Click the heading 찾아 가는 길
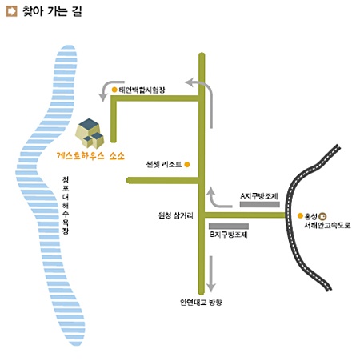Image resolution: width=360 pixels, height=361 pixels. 52,11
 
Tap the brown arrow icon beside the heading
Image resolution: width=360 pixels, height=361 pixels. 11,11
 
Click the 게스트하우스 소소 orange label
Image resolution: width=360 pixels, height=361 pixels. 90,156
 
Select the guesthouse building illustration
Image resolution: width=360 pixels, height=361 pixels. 90,133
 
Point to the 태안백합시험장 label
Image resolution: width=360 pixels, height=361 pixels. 142,90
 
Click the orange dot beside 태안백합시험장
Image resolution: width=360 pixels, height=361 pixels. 114,90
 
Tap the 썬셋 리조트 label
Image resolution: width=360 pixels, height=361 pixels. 164,164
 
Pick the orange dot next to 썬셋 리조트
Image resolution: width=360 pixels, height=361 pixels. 187,165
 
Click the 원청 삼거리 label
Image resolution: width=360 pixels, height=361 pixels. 176,215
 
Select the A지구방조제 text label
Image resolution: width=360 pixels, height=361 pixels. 259,196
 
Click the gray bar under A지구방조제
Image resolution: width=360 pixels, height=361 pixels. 260,205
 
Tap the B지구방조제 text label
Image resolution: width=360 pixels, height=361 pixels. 229,235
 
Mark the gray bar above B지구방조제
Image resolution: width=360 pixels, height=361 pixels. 229,227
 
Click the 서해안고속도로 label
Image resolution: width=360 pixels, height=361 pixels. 327,225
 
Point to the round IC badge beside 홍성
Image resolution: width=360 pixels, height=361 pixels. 323,215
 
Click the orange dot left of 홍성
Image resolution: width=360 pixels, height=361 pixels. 300,215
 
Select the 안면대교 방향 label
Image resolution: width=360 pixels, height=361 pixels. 201,303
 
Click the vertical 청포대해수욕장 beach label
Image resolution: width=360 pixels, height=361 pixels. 66,205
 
